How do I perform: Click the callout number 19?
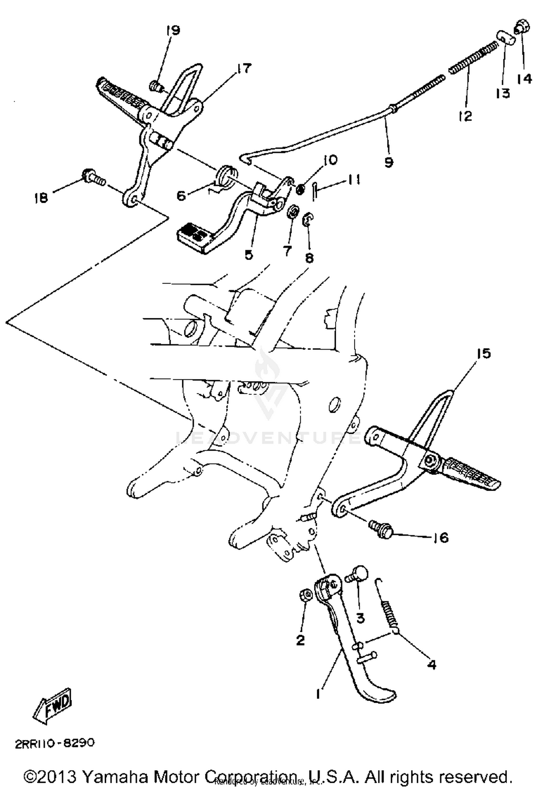[x=173, y=30]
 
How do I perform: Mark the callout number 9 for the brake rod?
[x=389, y=162]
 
